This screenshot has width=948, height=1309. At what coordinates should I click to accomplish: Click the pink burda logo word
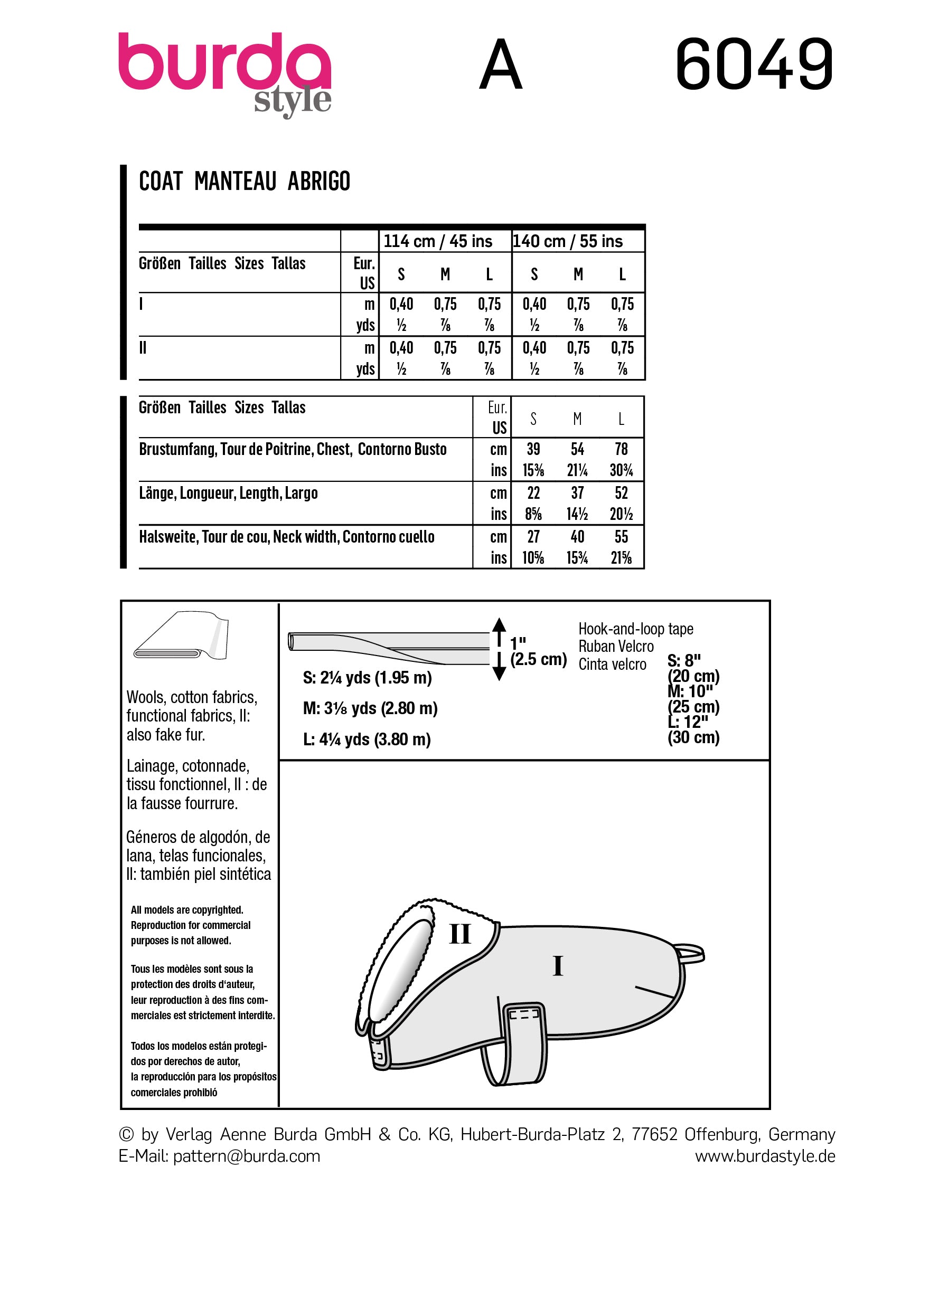click(224, 62)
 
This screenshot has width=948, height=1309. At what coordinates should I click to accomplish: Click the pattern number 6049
click(754, 64)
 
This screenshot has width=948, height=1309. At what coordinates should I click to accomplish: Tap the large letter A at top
click(501, 65)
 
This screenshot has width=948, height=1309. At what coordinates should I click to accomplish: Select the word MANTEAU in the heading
click(235, 181)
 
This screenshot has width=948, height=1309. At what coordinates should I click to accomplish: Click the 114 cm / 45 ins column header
click(438, 241)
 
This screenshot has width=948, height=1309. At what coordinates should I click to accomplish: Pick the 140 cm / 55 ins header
click(568, 241)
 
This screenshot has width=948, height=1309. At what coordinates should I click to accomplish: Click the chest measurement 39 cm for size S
click(533, 449)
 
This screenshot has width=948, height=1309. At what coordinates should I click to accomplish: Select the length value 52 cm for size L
click(621, 493)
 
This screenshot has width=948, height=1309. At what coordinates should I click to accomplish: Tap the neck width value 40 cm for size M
click(577, 537)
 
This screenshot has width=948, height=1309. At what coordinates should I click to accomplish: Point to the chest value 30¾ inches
click(621, 470)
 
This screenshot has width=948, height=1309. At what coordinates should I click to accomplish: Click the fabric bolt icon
click(181, 635)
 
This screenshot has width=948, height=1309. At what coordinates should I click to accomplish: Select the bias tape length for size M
click(370, 708)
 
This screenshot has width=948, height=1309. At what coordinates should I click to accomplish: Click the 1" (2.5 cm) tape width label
click(538, 652)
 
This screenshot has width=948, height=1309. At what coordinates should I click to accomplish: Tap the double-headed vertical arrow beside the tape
click(500, 649)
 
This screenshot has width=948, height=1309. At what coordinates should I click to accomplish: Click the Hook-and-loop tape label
click(636, 629)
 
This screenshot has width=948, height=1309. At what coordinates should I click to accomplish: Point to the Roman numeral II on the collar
click(460, 934)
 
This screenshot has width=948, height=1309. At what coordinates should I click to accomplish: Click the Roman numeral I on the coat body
click(558, 965)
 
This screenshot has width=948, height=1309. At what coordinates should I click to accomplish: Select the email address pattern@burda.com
click(247, 1156)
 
